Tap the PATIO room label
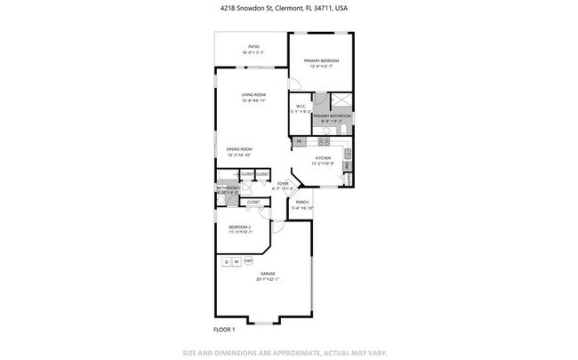pos(253,50)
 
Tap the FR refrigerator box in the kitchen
pos(300,140)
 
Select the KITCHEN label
pos(322,160)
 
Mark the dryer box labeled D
pos(227,261)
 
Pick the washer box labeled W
pos(237,261)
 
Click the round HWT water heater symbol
pos(249,260)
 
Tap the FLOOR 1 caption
pos(224,329)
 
